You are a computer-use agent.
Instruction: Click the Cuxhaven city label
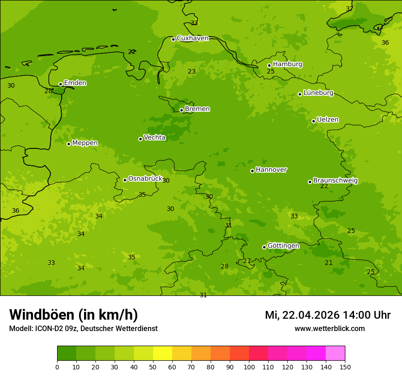tap(192, 38)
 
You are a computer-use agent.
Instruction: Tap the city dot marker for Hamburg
tap(270, 65)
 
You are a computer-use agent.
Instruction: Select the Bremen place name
tap(197, 109)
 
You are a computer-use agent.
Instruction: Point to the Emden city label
tap(75, 83)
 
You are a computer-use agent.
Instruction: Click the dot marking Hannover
tap(252, 171)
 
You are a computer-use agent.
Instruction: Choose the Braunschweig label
tap(335, 181)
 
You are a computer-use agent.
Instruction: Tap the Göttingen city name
tap(283, 246)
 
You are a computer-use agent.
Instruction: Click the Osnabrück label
tap(145, 179)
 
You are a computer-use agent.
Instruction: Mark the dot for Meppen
tap(69, 144)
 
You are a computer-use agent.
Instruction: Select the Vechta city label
tap(154, 137)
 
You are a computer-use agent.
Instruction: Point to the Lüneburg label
tap(318, 93)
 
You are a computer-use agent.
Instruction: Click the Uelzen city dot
tap(313, 121)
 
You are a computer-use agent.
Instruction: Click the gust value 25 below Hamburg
tap(271, 72)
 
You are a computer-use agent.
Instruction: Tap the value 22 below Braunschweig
tap(324, 186)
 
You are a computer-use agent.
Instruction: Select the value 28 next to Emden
tap(48, 91)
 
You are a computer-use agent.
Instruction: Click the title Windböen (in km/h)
tap(74, 315)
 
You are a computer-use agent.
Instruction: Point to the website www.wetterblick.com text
tap(329, 328)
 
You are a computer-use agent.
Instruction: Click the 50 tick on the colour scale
tap(153, 366)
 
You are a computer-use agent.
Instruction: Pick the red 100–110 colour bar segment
tap(259, 353)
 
